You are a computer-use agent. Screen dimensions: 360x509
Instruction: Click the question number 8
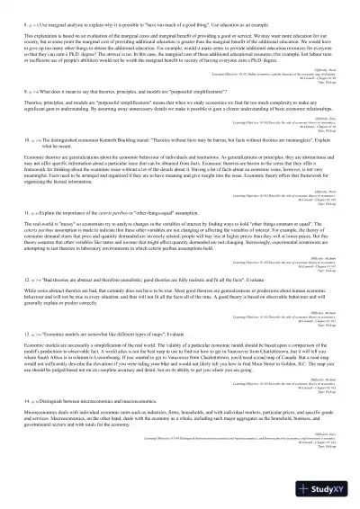[51, 15]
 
